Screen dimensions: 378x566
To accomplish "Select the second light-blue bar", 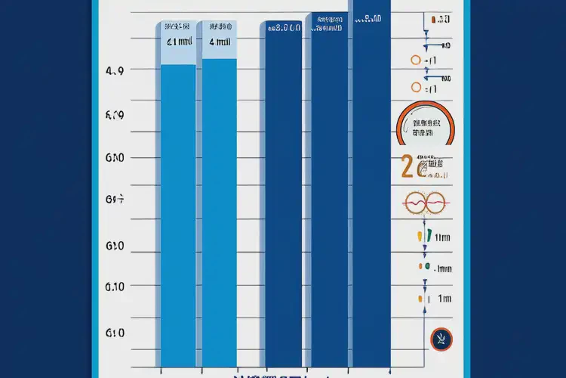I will tap(219, 208).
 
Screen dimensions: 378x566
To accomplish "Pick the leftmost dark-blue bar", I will tap(283, 197).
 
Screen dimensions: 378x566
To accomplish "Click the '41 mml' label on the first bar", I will tap(178, 42).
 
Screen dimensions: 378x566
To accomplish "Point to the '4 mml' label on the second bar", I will tap(219, 42).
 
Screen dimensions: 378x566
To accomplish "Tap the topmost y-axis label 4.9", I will tap(115, 71).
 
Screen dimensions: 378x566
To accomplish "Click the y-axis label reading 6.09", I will tap(115, 116).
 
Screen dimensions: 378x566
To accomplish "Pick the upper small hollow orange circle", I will tap(414, 59).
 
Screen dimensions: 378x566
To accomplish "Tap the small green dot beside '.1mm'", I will tap(426, 267).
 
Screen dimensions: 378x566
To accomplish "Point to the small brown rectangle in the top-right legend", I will tap(432, 17).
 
